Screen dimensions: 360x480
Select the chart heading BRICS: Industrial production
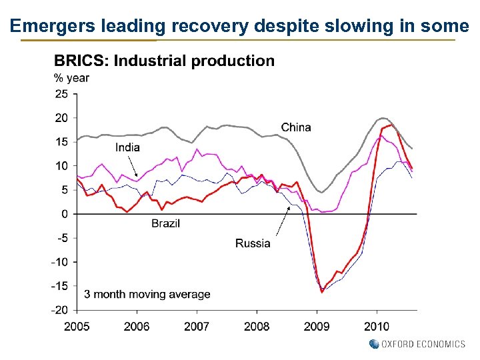coord(164,61)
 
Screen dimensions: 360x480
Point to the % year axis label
coord(71,77)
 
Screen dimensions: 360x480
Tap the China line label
coord(296,127)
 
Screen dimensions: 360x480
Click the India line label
coord(127,147)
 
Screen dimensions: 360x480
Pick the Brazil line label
coord(165,223)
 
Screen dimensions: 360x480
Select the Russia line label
coord(253,243)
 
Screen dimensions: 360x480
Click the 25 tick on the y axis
coord(61,94)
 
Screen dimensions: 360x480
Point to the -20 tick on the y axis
coord(60,310)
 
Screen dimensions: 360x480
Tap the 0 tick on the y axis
coord(65,214)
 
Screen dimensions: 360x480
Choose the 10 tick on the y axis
coord(61,166)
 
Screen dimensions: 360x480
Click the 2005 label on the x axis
coord(77,326)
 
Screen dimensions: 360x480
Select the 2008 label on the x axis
coord(257,326)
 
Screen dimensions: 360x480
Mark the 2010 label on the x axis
coord(377,326)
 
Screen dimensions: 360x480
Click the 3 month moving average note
coord(147,294)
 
